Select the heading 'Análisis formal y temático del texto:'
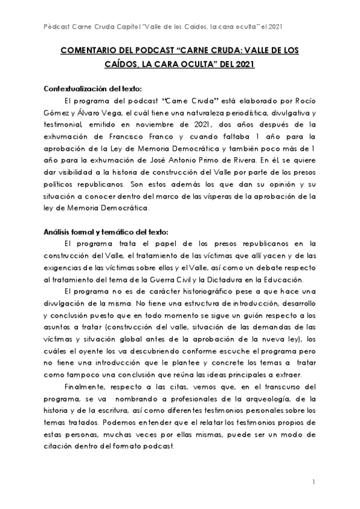(x=107, y=231)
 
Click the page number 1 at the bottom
(x=314, y=482)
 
